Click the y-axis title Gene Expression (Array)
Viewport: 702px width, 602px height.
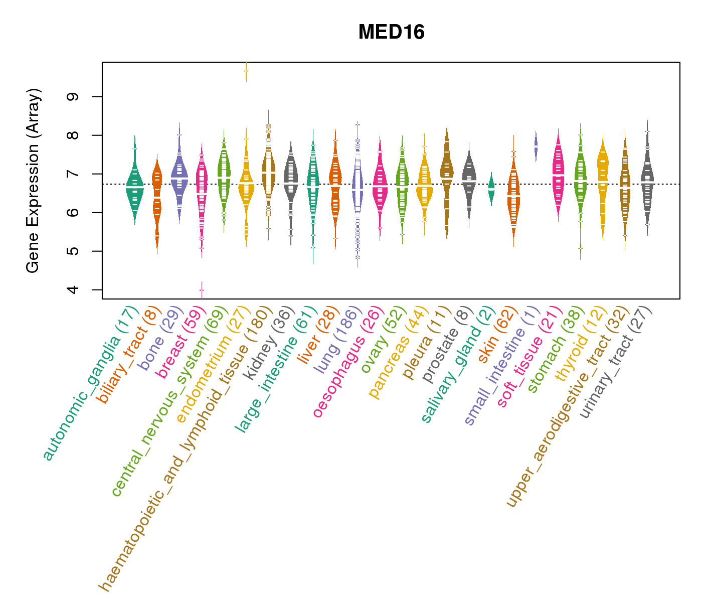click(x=33, y=181)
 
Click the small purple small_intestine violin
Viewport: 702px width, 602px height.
click(x=536, y=146)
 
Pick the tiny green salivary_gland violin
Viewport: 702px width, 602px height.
click(x=491, y=190)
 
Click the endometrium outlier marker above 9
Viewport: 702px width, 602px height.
click(x=246, y=71)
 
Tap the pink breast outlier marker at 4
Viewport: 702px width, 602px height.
click(x=202, y=290)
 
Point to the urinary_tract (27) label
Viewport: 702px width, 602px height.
click(x=616, y=362)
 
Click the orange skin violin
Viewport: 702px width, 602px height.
click(x=513, y=198)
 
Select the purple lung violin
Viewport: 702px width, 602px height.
click(x=358, y=191)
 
